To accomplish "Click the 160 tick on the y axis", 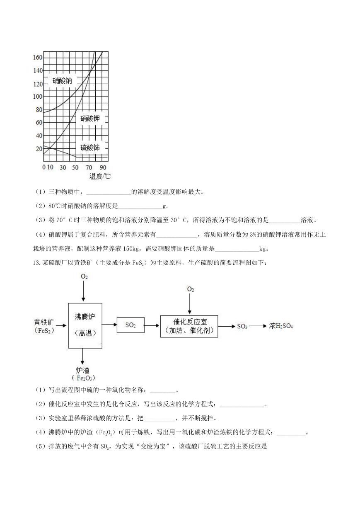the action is [38, 57].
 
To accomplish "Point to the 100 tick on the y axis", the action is [38, 97].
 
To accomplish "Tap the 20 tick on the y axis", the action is [39, 149].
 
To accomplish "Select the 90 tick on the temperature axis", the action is [103, 167].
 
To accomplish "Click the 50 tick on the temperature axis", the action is [75, 167].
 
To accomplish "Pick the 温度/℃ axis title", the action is [100, 176].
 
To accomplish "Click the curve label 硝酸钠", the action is [62, 81].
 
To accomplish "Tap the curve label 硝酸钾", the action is [90, 118].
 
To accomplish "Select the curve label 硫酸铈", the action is [90, 148].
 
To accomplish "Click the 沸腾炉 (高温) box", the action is [85, 325].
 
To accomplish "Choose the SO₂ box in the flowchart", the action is [130, 325].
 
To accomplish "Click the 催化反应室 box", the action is [189, 326].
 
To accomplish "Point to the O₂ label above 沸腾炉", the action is [84, 276].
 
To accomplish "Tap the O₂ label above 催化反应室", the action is [190, 289].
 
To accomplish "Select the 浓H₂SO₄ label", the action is [281, 326].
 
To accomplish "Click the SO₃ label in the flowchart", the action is [242, 326].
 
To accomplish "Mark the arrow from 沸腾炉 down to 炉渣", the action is [82, 356].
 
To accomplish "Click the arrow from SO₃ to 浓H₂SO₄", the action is [258, 326].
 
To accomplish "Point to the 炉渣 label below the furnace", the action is [83, 371].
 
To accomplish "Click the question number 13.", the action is [36, 263].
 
